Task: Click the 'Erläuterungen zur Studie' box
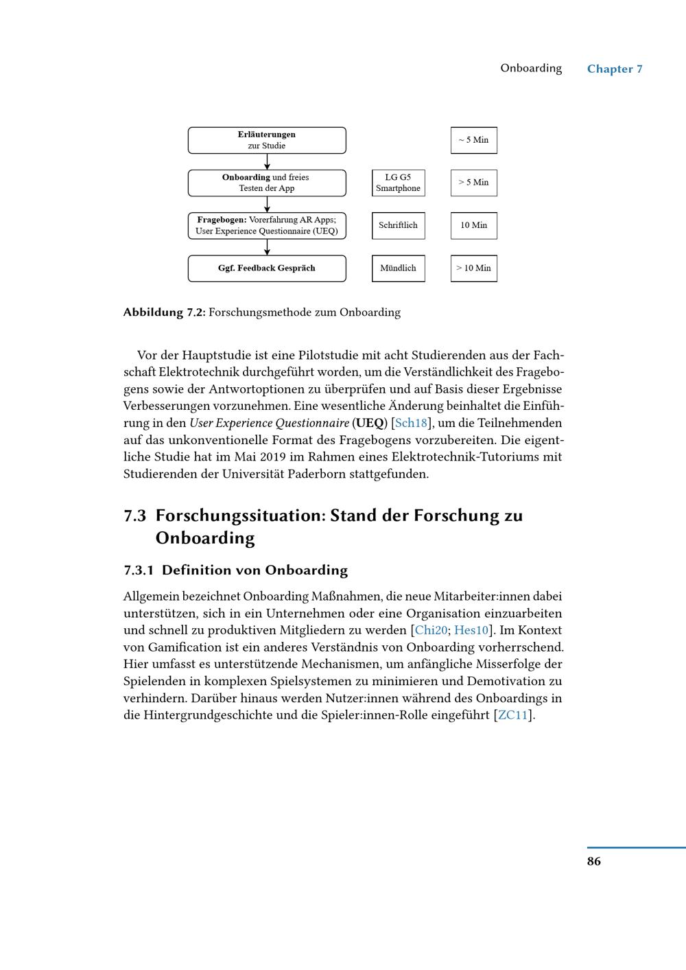tap(267, 140)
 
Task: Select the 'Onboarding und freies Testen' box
tap(267, 183)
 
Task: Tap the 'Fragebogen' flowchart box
tap(267, 225)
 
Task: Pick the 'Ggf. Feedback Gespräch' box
tap(267, 268)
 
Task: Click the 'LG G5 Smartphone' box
tap(398, 183)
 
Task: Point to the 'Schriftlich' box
tap(398, 225)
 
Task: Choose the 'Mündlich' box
tap(398, 268)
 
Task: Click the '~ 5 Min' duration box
tap(473, 140)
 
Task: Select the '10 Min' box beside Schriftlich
tap(473, 225)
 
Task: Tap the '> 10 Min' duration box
tap(473, 268)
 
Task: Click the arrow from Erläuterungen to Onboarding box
tap(267, 161)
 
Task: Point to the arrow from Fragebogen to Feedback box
tap(267, 247)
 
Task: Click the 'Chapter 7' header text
tap(615, 69)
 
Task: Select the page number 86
tap(594, 861)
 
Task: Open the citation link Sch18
tap(411, 423)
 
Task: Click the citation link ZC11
tap(512, 715)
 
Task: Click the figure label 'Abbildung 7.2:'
tap(164, 312)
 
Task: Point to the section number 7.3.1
tap(139, 570)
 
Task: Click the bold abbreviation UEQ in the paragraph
tap(370, 423)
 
